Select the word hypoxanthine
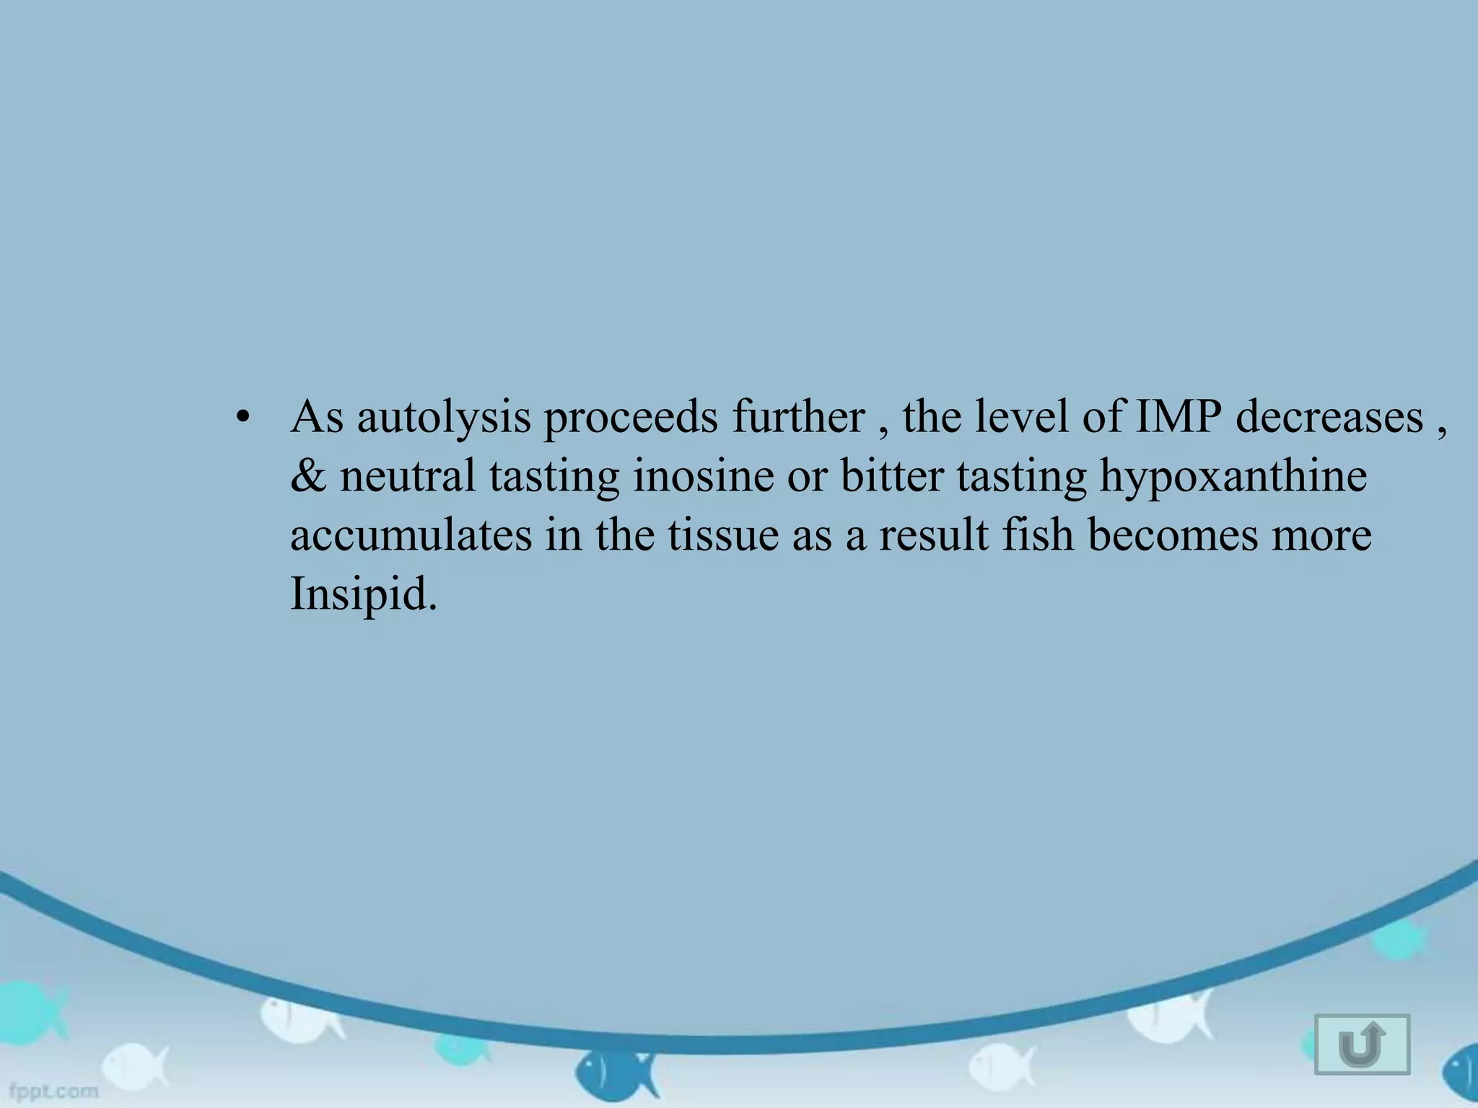[1233, 477]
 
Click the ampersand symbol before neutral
[308, 476]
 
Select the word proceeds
[630, 418]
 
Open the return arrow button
[1362, 1045]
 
